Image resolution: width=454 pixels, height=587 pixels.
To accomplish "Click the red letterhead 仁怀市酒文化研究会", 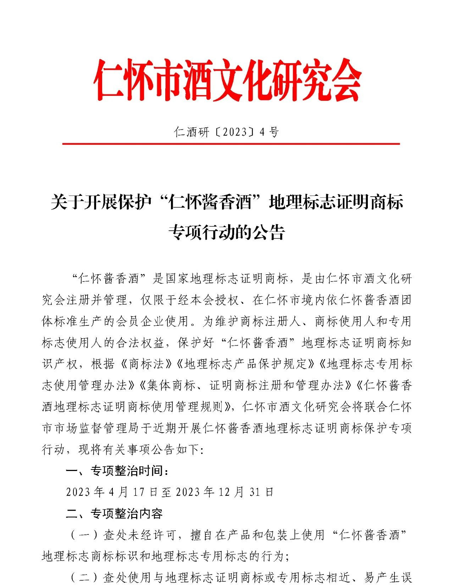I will pyautogui.click(x=227, y=80).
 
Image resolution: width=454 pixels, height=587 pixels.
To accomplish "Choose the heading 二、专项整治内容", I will pyautogui.click(x=114, y=514).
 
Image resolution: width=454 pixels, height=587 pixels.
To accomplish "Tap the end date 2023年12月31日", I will pyautogui.click(x=225, y=492).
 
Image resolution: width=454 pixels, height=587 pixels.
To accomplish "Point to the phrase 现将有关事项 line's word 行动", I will pyautogui.click(x=53, y=450).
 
